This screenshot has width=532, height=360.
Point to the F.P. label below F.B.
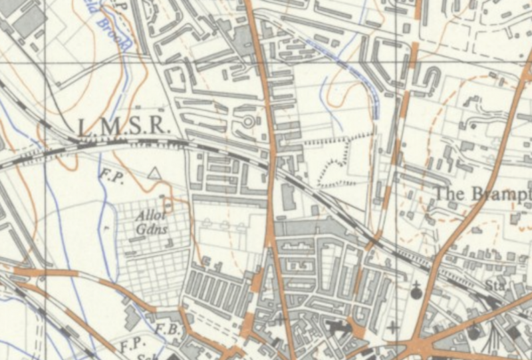(x=130, y=347)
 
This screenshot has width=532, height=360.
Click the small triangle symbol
(x=155, y=174)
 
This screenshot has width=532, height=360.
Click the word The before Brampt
(x=450, y=193)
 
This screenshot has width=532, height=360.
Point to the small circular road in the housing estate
(x=249, y=122)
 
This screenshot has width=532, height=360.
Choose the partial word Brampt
(x=501, y=194)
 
